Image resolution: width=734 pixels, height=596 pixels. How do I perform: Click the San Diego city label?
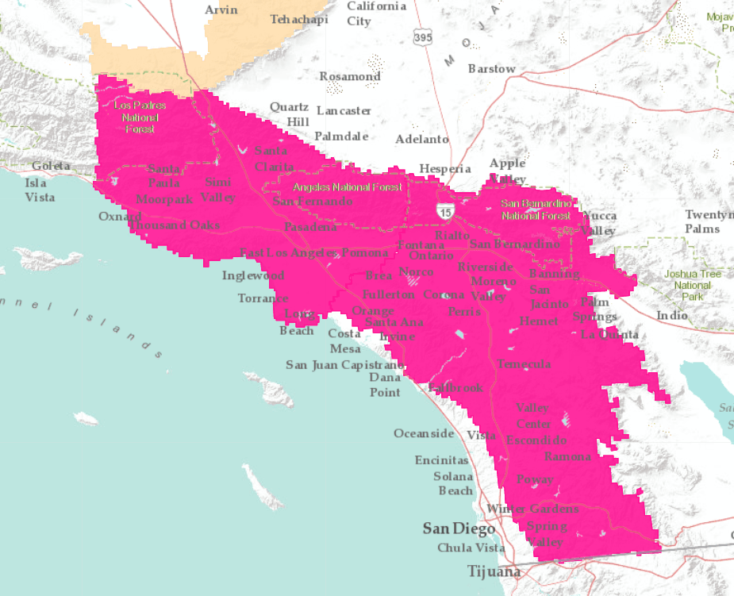click(459, 529)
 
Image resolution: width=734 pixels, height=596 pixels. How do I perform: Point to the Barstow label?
click(491, 69)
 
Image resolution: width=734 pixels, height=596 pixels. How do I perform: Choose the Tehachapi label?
click(299, 20)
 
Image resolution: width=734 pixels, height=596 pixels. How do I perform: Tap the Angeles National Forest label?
click(348, 187)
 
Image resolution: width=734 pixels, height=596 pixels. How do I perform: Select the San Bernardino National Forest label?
click(536, 210)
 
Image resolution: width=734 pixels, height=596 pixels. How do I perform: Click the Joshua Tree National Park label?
click(692, 285)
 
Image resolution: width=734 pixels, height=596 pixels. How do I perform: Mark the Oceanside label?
click(424, 433)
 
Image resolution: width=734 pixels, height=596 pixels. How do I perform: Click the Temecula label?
click(524, 364)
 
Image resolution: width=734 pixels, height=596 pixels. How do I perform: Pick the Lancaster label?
click(344, 110)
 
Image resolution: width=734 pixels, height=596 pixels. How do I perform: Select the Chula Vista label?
click(471, 548)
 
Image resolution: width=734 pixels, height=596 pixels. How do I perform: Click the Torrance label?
click(263, 298)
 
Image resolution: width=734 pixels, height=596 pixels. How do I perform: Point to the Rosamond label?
click(350, 76)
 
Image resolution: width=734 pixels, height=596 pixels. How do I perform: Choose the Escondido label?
click(536, 440)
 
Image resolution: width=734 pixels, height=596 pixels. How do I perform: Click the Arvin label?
click(221, 10)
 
